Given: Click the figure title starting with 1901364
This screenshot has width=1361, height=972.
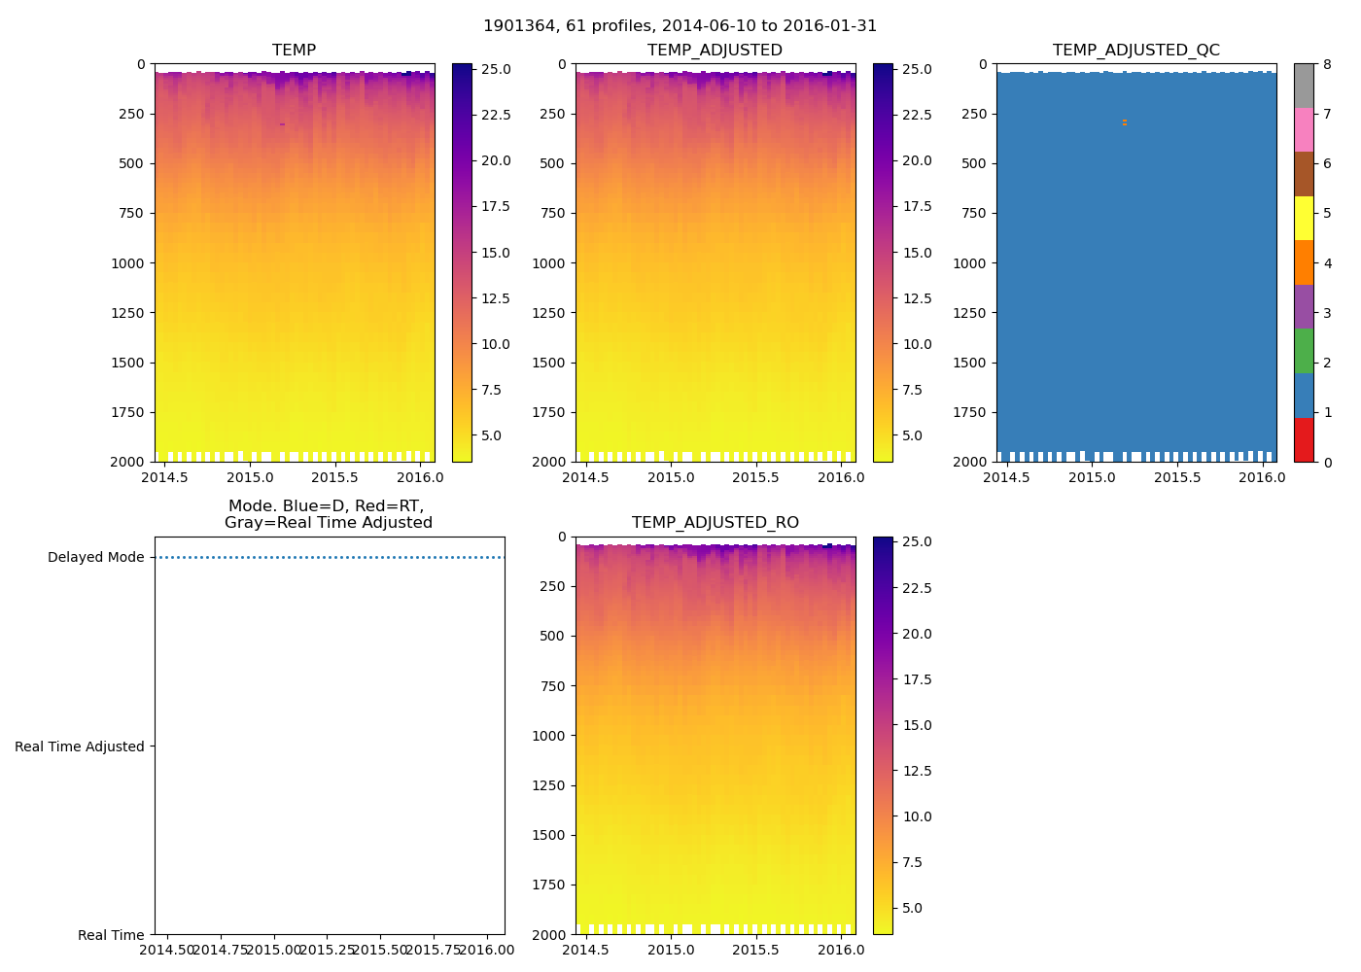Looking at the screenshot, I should (x=680, y=26).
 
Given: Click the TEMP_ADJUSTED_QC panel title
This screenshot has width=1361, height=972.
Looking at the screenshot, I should (x=1135, y=51).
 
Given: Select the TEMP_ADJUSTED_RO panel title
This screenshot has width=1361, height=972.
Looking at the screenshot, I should (x=715, y=523).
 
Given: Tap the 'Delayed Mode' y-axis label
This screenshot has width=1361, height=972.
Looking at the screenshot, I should (x=95, y=557).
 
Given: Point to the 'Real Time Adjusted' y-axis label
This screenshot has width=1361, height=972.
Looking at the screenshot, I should (x=80, y=746).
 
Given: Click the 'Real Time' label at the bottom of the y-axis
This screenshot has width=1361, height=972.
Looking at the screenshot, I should (x=111, y=935).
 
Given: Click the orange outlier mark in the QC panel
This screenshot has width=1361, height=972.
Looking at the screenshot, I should (x=1125, y=122).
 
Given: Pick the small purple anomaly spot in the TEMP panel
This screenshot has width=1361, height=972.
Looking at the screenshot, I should (x=282, y=124).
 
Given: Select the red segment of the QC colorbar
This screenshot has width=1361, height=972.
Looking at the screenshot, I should (x=1304, y=439).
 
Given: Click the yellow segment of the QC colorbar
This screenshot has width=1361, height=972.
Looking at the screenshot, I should (x=1304, y=218).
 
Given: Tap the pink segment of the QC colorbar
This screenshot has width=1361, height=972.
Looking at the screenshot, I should (x=1304, y=129).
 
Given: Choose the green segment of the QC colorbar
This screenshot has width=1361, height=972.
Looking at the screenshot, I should (x=1304, y=351).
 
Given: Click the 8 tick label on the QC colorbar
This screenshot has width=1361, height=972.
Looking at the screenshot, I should (x=1327, y=65).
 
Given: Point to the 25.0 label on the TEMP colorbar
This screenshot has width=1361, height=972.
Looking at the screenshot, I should (x=496, y=70).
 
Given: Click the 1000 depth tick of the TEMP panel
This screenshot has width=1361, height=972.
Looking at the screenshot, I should (x=127, y=263).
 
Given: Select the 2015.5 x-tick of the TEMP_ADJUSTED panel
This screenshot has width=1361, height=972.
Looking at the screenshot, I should (x=755, y=478).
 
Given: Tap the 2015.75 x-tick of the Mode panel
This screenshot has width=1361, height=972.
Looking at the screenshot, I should (x=434, y=950).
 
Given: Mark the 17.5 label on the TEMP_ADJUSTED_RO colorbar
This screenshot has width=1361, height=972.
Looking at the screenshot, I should (x=917, y=679).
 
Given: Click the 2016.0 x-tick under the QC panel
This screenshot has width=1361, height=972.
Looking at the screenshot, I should (x=1262, y=478).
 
